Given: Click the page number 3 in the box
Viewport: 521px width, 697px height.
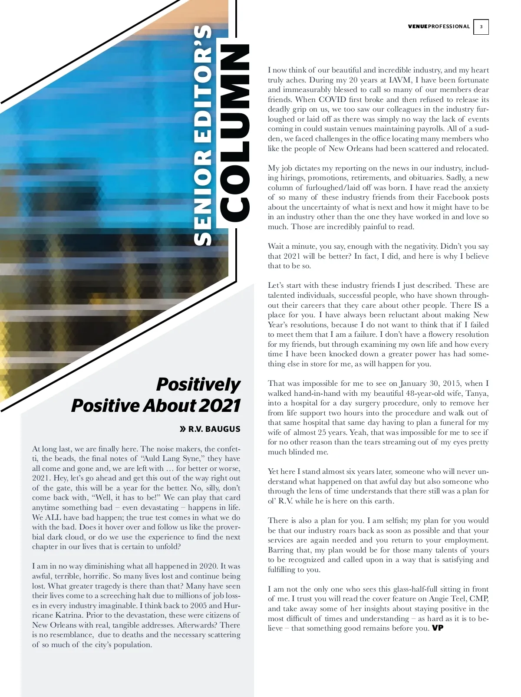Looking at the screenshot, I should point(481,27).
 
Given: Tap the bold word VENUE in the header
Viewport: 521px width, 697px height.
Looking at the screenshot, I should point(418,26).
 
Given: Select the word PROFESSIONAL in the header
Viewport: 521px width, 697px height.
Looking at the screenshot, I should point(449,26).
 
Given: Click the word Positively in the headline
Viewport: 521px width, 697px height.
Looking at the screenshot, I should point(198,384).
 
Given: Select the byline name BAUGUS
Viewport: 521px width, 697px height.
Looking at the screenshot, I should point(222,429).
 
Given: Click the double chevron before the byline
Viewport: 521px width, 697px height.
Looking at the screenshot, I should point(183,429).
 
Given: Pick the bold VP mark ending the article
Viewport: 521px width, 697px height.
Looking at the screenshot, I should point(438,628).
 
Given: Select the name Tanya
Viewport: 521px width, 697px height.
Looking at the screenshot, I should point(477,393).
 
